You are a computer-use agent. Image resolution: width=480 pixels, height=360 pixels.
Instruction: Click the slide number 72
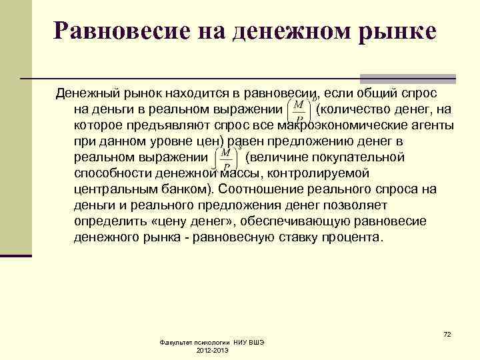(x=447, y=333)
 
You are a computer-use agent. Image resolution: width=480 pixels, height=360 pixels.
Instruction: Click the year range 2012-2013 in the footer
(x=213, y=350)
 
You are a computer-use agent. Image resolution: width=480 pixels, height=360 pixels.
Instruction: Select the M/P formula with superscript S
(x=227, y=159)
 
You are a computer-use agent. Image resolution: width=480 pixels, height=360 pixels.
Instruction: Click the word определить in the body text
(x=115, y=221)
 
